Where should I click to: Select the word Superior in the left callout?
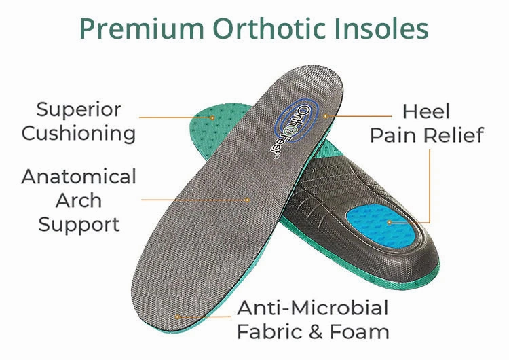click(79, 109)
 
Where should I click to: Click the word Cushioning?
click(79, 133)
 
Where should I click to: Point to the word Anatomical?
click(79, 177)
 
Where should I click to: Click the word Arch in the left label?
click(79, 200)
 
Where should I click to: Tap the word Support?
click(79, 224)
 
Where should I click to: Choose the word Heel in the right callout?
click(426, 111)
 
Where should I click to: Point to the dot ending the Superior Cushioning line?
click(212, 117)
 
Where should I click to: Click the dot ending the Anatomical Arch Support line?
click(248, 200)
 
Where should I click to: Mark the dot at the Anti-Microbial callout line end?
click(178, 317)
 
